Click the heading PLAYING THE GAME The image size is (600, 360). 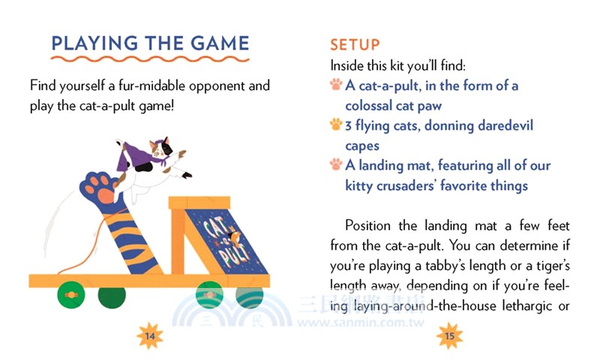[x=151, y=43]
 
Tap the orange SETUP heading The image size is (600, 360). [x=355, y=45]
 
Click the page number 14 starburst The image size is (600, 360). [x=150, y=336]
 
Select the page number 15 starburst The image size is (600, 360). [x=449, y=336]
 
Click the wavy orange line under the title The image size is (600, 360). [x=150, y=59]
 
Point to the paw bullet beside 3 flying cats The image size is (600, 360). [x=336, y=124]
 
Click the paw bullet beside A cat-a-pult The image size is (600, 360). [x=336, y=84]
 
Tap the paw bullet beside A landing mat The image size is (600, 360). [x=336, y=164]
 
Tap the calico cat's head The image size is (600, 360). [x=160, y=146]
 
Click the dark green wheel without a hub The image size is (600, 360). [x=112, y=297]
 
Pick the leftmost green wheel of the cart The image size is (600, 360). [x=71, y=295]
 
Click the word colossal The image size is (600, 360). [x=370, y=106]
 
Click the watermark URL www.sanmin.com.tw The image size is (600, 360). [x=361, y=322]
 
